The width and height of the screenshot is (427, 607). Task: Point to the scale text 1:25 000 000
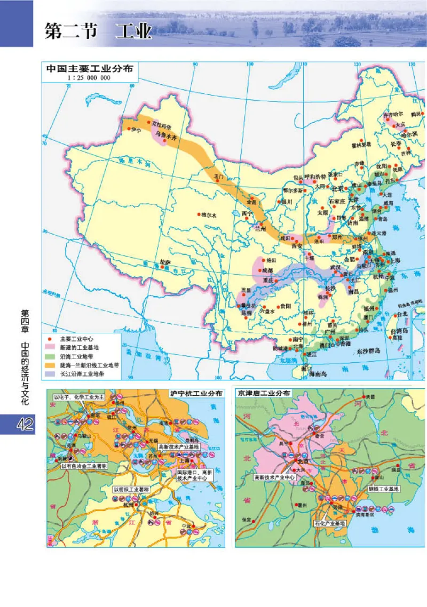point(89,78)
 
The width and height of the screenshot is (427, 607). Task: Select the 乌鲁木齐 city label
point(165,137)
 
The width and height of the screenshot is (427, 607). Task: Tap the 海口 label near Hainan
point(306,368)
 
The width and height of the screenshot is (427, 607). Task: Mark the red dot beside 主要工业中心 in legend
point(51,339)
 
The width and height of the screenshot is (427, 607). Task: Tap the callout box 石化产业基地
point(330,523)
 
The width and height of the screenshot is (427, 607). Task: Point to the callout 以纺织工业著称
point(132,489)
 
